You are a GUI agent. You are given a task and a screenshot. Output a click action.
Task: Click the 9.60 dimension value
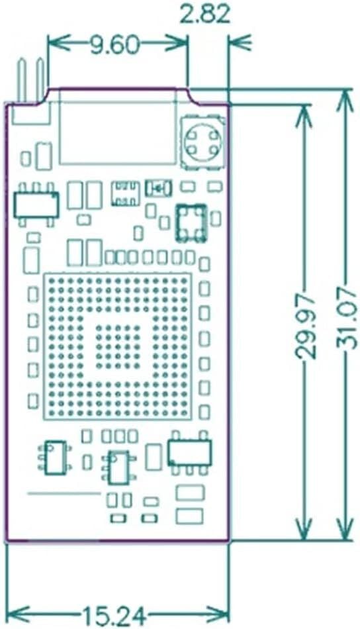click(114, 45)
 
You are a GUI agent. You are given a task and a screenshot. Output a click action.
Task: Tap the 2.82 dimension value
click(205, 15)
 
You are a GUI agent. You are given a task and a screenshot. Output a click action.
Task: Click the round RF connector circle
click(203, 142)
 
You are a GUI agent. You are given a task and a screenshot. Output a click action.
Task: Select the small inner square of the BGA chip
click(118, 347)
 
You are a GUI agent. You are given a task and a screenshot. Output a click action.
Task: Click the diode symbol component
click(158, 188)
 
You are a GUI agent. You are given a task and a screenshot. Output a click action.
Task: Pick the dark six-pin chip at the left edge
click(36, 205)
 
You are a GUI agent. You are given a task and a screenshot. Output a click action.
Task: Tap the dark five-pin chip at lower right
click(190, 453)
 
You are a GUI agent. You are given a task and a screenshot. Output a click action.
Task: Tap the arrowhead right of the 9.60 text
click(177, 44)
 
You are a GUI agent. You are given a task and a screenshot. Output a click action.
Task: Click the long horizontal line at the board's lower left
click(64, 493)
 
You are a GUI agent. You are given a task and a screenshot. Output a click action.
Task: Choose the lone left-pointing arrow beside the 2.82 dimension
click(240, 42)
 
